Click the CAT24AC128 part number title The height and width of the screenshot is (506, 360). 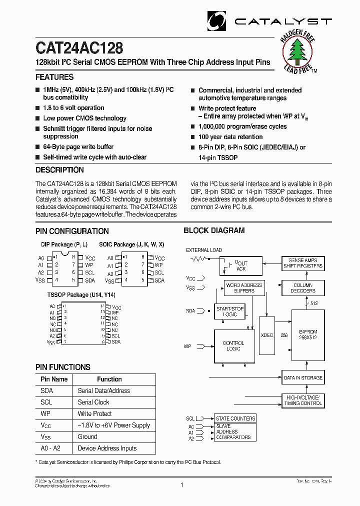tap(79, 48)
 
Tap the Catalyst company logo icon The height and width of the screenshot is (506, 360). tap(217, 21)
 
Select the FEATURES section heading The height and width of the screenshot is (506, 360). tap(54, 77)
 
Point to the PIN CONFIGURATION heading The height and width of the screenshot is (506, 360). tap(72, 231)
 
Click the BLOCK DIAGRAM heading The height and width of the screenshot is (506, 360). tap(214, 230)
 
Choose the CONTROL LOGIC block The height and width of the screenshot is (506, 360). tap(233, 346)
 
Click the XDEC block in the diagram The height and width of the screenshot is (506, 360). tap(267, 335)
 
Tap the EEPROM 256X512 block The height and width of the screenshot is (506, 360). tap(307, 334)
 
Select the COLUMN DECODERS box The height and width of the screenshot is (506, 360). tap(303, 288)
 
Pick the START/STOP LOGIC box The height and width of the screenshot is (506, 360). tap(230, 311)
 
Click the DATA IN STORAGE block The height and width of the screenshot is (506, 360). tap(303, 378)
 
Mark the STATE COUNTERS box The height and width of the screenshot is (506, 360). tap(235, 418)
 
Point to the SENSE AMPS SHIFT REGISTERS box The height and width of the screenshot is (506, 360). tap(303, 263)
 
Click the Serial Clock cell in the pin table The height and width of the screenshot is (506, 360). tap(93, 402)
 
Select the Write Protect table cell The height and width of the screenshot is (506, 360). tap(94, 414)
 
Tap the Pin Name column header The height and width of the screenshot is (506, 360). tap(54, 379)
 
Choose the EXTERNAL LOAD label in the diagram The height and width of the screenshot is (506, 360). tap(204, 250)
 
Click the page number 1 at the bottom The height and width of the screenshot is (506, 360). tap(182, 485)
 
